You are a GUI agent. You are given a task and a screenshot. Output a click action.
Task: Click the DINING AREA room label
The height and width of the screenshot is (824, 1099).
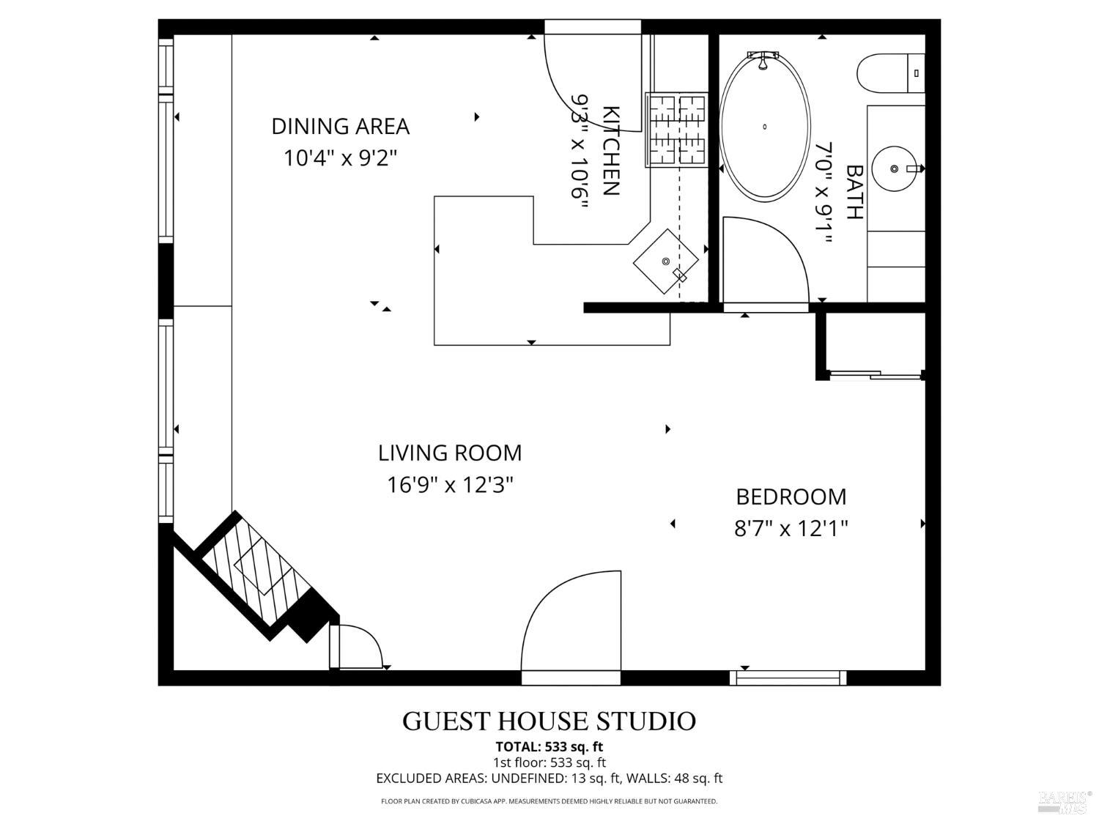(340, 126)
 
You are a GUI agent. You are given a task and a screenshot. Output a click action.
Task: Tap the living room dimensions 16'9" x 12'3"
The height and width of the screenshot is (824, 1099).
(450, 485)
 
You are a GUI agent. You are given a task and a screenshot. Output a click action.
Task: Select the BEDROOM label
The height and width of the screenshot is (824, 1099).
(791, 497)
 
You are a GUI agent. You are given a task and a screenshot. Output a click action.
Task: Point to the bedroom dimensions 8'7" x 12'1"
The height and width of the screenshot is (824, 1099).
(791, 528)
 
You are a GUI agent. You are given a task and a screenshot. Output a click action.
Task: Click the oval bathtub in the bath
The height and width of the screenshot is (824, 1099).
(765, 126)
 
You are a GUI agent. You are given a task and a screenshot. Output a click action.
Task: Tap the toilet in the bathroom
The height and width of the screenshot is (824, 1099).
(889, 73)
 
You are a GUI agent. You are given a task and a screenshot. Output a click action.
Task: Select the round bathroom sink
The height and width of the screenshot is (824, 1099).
(895, 168)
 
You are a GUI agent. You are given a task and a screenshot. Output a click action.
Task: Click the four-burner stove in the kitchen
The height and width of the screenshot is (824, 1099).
(676, 130)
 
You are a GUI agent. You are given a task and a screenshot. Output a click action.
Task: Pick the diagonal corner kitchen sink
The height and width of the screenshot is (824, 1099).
(665, 261)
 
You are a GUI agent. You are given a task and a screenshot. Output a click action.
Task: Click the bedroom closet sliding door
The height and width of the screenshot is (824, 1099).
(875, 375)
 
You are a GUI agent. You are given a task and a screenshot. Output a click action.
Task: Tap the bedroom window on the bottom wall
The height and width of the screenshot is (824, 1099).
(788, 678)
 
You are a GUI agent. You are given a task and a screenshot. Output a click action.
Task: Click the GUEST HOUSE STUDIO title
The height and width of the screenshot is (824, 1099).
(549, 721)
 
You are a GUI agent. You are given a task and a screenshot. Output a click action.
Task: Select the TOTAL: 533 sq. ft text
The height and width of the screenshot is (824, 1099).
(549, 747)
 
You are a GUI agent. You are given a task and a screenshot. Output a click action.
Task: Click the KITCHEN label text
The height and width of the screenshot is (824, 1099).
(610, 151)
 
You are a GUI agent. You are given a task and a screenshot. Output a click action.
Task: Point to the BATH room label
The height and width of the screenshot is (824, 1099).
(854, 192)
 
